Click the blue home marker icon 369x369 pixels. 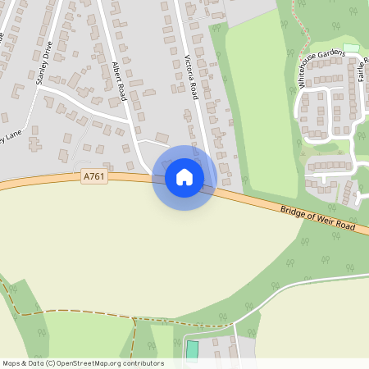click(184, 177)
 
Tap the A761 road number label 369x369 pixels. click(94, 175)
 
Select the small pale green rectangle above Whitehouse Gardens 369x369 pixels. click(351, 48)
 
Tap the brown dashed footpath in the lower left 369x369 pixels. click(74, 312)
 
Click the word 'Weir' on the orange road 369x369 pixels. click(326, 220)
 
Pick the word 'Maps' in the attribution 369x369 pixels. click(11, 363)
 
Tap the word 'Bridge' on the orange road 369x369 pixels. click(293, 210)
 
